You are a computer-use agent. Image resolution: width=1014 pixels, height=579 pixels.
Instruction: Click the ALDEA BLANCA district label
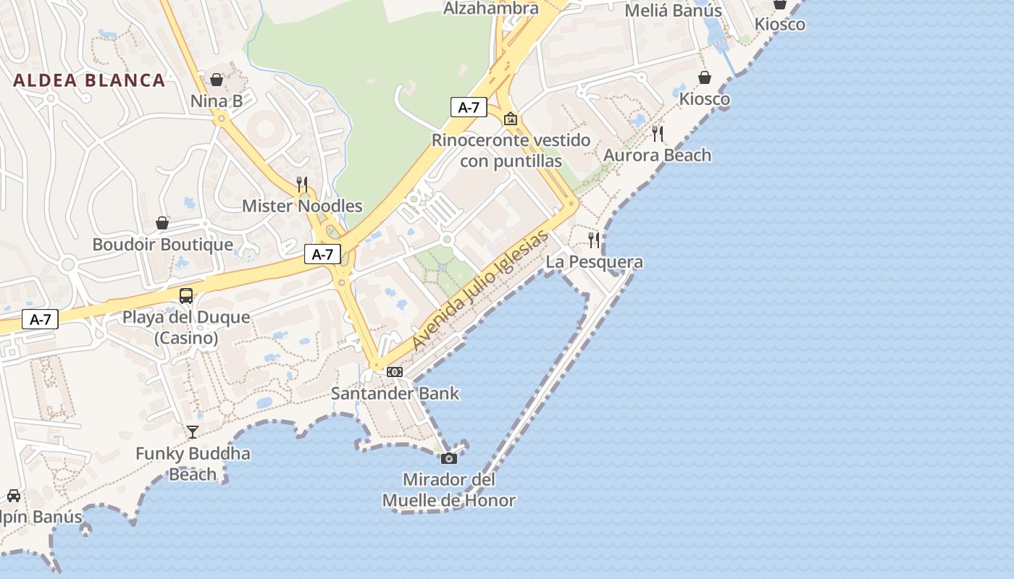click(x=89, y=80)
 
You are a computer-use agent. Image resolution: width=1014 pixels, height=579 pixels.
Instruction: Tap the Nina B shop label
click(x=217, y=101)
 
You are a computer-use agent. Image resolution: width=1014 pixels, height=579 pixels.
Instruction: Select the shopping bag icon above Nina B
click(x=217, y=80)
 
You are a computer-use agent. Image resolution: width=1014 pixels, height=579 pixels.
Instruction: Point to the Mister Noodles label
click(x=302, y=206)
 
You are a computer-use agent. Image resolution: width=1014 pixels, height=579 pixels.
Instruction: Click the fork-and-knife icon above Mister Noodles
click(x=302, y=185)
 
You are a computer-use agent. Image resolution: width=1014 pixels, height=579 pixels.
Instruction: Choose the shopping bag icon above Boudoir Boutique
click(x=162, y=223)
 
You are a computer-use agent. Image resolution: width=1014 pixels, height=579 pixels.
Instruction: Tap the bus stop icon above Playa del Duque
click(x=186, y=295)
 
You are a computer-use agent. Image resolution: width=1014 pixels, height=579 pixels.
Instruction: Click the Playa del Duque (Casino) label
click(x=186, y=327)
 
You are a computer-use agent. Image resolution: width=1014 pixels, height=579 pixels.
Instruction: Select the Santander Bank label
click(x=395, y=394)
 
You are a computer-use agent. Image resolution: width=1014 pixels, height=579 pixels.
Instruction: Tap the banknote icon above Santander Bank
click(x=395, y=372)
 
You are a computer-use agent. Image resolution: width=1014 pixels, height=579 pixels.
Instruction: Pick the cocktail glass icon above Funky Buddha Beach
click(x=193, y=432)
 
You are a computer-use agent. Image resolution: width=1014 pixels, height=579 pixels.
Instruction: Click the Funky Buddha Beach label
click(x=193, y=464)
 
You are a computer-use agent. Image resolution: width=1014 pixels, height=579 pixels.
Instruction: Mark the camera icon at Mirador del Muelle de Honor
click(x=449, y=458)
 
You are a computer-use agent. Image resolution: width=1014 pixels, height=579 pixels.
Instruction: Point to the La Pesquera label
click(x=594, y=262)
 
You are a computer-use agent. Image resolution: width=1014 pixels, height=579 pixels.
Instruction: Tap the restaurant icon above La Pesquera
click(x=594, y=240)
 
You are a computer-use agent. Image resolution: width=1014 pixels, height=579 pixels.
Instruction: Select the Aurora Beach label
click(x=657, y=155)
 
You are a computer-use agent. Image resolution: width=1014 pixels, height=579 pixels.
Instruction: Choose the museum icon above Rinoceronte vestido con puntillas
click(x=511, y=119)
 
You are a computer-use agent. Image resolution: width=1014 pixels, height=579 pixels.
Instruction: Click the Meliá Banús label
click(x=673, y=11)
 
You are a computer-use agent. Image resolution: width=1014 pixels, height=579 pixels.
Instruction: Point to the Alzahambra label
click(x=491, y=9)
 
